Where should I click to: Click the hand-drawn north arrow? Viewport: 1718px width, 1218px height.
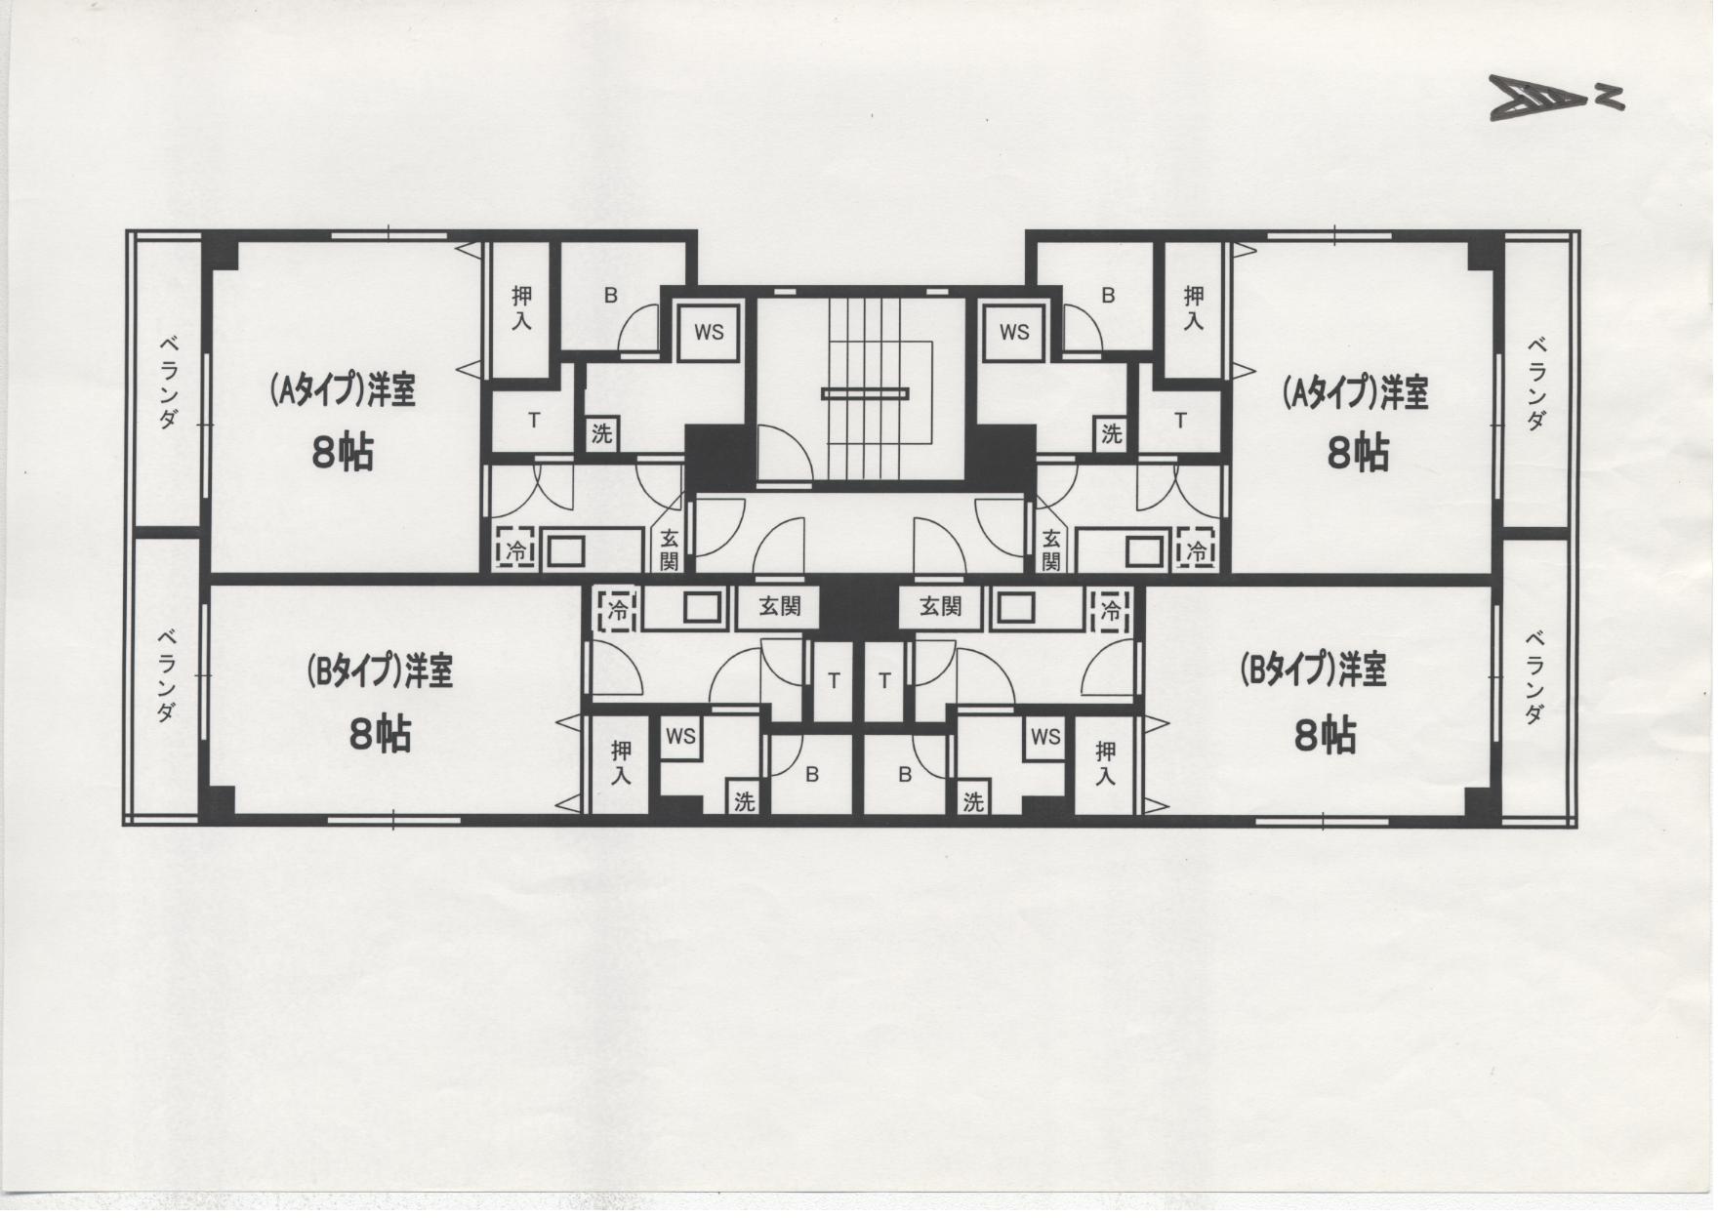1540,99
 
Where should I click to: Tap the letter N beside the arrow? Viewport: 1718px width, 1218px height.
1611,96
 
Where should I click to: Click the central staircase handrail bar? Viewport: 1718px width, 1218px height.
865,393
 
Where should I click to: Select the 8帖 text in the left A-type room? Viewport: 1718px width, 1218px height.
343,453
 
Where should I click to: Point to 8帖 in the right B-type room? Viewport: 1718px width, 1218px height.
1325,734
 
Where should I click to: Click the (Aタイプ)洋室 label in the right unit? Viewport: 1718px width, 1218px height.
1355,392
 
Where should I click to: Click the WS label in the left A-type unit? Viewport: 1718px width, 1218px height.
709,332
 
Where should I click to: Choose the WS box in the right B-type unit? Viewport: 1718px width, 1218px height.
1045,737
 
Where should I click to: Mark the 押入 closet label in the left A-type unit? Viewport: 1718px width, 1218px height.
522,306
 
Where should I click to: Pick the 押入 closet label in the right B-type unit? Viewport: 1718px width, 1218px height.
1105,763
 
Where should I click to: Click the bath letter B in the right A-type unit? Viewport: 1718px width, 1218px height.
1107,295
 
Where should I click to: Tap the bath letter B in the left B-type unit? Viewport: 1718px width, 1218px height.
811,774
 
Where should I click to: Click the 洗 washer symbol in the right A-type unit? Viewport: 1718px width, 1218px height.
1111,433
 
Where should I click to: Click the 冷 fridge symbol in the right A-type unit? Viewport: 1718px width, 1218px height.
1196,549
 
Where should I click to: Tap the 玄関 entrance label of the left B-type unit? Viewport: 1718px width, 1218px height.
780,606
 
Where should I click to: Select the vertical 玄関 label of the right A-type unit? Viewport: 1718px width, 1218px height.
1050,549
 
